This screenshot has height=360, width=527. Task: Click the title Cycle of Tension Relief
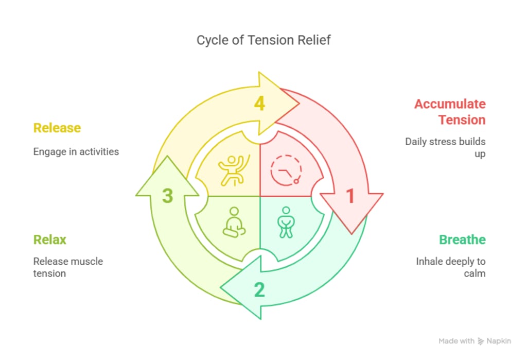click(263, 40)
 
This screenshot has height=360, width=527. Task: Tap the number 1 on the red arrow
click(350, 196)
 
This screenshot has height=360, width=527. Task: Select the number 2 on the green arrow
click(259, 290)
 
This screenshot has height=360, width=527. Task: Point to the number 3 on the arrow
click(167, 196)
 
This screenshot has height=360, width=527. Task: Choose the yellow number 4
click(259, 104)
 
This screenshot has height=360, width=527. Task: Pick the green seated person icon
click(286, 222)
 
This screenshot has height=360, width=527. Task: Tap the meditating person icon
click(234, 222)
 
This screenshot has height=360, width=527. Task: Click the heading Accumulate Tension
click(450, 112)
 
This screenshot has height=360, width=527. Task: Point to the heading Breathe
click(462, 239)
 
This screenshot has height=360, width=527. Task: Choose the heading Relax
click(50, 239)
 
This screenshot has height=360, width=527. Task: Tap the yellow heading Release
click(57, 128)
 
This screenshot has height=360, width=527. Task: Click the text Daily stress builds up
click(446, 147)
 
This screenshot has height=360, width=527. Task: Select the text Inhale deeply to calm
click(451, 267)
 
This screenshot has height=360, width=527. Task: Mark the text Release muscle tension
click(68, 267)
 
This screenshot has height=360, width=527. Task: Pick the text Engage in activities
click(76, 151)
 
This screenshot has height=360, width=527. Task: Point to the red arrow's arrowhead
click(352, 211)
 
